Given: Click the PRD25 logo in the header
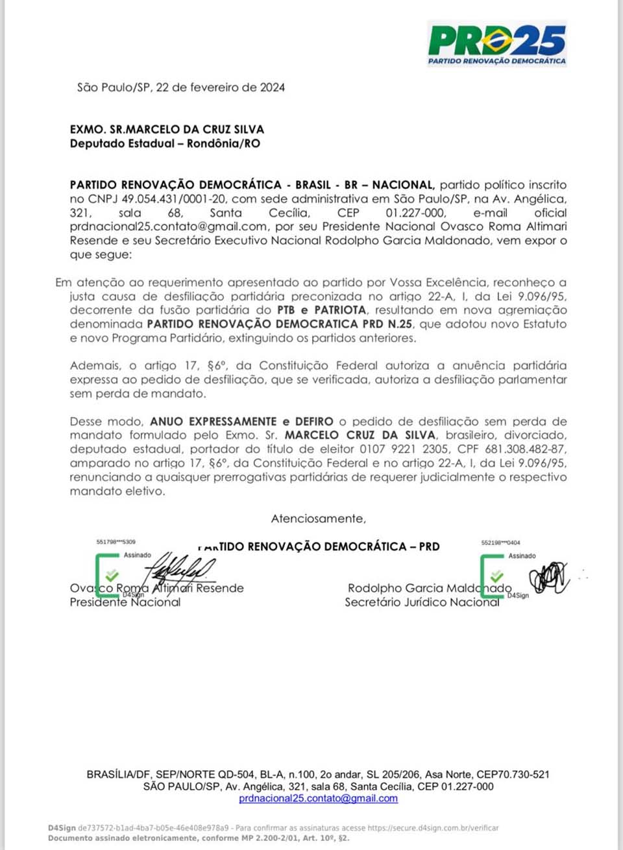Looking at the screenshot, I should (x=497, y=43).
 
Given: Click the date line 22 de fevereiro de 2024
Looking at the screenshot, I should (x=220, y=88).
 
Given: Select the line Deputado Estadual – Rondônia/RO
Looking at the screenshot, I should (x=165, y=143).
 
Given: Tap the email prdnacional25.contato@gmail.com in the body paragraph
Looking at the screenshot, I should (x=169, y=226).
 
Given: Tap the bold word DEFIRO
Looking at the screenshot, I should (x=314, y=422).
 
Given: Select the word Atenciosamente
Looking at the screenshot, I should (x=318, y=519).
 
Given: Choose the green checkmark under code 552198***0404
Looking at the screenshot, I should (x=497, y=576).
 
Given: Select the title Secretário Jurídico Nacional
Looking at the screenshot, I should (x=422, y=602).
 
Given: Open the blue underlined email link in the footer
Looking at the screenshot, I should (x=318, y=799).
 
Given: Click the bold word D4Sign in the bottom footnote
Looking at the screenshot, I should (x=62, y=828).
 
